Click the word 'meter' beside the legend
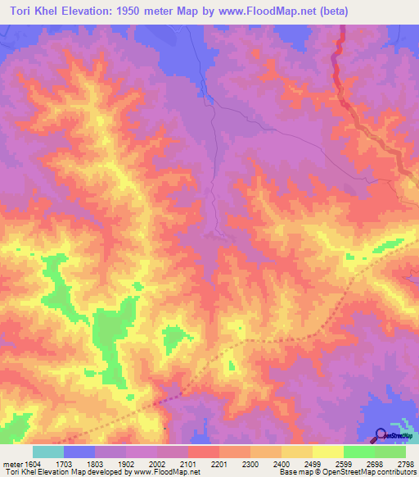[11, 464]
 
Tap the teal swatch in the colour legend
[47, 452]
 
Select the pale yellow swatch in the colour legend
[327, 452]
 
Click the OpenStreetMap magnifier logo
[381, 435]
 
